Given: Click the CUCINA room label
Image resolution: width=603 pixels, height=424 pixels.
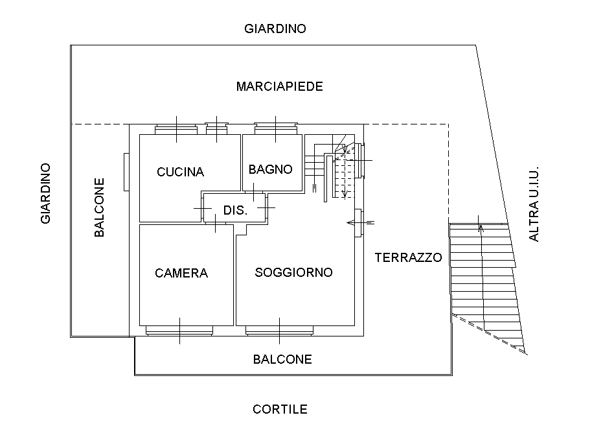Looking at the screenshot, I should pos(180,172).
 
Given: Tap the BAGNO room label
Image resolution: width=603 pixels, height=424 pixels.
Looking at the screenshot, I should pos(270,169).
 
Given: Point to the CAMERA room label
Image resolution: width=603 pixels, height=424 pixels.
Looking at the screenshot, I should pos(181,273).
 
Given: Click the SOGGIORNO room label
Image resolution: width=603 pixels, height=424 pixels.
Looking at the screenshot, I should pos(293,272).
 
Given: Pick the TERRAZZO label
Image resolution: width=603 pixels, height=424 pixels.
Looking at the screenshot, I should pos(408,257).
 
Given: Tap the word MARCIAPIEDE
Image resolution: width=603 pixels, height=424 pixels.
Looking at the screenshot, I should pos(279,86).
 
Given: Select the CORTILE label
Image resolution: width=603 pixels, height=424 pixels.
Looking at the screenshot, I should pos(280,409).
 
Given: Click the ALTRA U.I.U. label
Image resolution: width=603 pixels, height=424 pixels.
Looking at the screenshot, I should pos(534,203).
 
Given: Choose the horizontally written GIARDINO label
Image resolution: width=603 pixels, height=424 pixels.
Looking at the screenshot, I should pos(275,29).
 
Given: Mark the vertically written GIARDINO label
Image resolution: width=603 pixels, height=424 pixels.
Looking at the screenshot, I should pos(45,193).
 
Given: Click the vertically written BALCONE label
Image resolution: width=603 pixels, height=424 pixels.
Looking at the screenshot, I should pos(100,207).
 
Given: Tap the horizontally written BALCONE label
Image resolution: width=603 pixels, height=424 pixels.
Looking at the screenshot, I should pos(282,359).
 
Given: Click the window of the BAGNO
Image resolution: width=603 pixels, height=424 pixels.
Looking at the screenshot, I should pos(275,128).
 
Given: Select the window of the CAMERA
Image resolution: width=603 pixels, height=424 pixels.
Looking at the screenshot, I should pos(179,331).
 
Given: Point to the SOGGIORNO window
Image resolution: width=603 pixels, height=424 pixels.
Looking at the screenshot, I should pos(279,331).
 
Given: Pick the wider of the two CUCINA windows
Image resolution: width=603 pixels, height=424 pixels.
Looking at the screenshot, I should pos(176,128).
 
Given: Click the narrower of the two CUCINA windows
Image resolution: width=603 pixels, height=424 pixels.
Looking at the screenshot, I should pos(216,128).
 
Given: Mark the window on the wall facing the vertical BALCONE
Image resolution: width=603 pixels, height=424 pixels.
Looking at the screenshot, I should pos(126,172).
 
